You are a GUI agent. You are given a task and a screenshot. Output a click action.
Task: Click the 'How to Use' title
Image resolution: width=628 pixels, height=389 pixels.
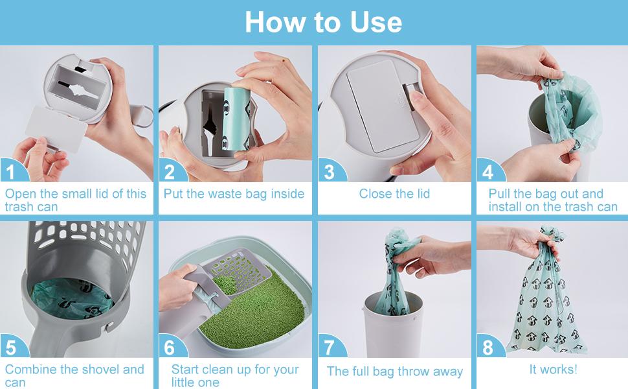click(323, 22)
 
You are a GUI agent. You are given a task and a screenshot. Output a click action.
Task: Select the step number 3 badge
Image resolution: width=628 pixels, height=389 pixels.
click(329, 172)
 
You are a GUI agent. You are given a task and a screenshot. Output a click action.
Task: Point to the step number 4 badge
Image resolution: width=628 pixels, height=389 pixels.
click(488, 172)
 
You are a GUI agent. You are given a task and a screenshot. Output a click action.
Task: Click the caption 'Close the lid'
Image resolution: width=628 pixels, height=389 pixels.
click(394, 193)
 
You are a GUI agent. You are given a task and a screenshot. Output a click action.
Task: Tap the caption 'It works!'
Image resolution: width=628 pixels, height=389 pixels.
click(552, 370)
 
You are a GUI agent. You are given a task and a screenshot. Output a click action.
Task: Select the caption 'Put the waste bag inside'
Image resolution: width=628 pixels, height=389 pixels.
click(234, 193)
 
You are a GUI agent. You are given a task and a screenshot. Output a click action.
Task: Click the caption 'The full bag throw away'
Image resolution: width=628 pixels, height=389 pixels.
click(394, 371)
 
